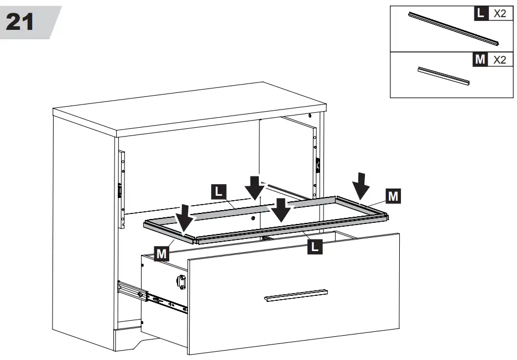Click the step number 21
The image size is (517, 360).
point(20,22)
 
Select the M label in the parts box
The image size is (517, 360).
point(480,59)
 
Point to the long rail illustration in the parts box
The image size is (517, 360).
point(453,28)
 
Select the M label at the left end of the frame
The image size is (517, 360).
point(161,254)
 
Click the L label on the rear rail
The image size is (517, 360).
point(219,192)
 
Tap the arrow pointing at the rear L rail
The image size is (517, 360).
point(254,189)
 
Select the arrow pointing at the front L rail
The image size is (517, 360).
point(281,210)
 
